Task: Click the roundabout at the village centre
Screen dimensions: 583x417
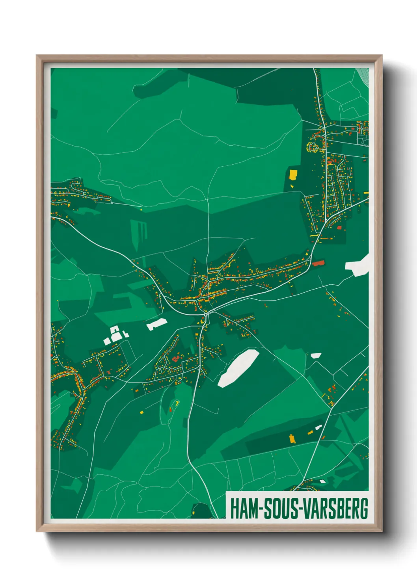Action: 206,315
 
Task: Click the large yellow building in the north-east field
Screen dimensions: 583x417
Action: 293,174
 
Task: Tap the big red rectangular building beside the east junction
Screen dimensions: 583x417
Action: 318,263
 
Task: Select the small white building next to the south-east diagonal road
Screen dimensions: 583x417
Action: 318,427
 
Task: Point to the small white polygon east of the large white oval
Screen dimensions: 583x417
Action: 316,355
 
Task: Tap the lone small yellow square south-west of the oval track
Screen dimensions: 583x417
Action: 141,412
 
